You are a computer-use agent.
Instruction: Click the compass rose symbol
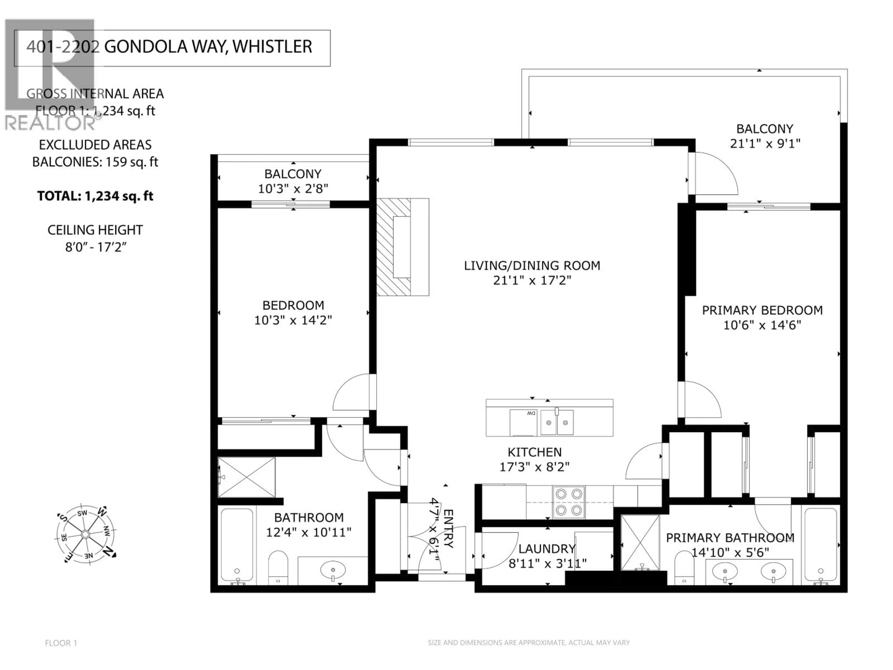pyautogui.click(x=85, y=534)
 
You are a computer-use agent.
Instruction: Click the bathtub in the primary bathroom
pyautogui.click(x=820, y=545)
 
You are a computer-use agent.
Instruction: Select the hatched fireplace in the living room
pyautogui.click(x=394, y=247)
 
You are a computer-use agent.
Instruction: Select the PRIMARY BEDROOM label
pyautogui.click(x=762, y=310)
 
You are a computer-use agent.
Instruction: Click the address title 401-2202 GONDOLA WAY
pyautogui.click(x=169, y=47)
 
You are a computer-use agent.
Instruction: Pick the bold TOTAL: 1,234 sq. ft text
pyautogui.click(x=95, y=196)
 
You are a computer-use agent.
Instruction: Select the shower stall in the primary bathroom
pyautogui.click(x=640, y=542)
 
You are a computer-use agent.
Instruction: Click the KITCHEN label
pyautogui.click(x=534, y=452)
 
